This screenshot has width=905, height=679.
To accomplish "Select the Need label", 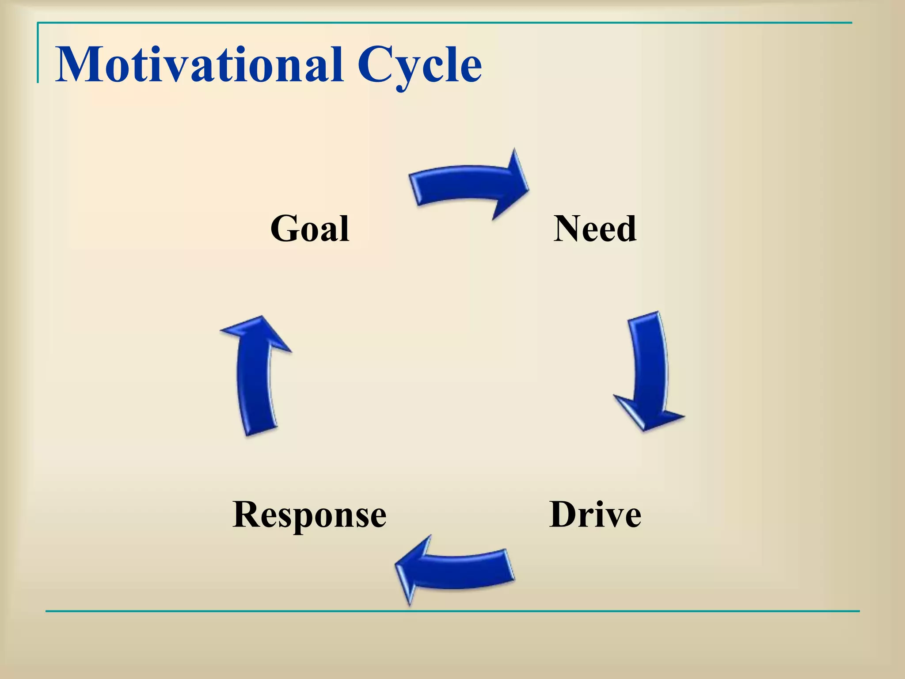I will click(595, 229).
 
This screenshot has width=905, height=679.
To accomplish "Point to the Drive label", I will click(595, 515).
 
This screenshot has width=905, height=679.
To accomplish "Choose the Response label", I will click(309, 515).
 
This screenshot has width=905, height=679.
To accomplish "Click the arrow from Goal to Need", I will click(464, 183).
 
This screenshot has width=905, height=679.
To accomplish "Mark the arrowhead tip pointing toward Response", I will click(397, 566).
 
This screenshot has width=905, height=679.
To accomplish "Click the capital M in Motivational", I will click(80, 65).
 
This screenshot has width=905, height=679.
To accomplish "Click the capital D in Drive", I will click(566, 515).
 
